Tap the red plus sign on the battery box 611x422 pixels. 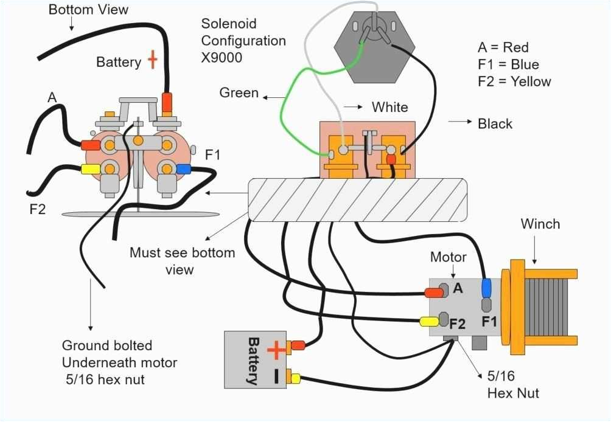pyautogui.click(x=275, y=349)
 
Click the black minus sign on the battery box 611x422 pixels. pyautogui.click(x=275, y=376)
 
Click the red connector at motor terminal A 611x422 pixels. pyautogui.click(x=434, y=292)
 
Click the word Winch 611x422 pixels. pyautogui.click(x=540, y=224)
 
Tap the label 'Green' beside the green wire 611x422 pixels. pyautogui.click(x=239, y=93)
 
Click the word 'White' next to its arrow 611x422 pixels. pyautogui.click(x=390, y=107)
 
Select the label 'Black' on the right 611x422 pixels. pyautogui.click(x=495, y=123)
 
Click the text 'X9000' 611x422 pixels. pyautogui.click(x=222, y=58)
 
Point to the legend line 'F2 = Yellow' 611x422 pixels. pyautogui.click(x=514, y=81)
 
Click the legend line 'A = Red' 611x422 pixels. pyautogui.click(x=503, y=47)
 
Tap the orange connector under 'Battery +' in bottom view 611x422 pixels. pyautogui.click(x=167, y=102)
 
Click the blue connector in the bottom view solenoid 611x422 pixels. pyautogui.click(x=183, y=168)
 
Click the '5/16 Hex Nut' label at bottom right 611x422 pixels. pyautogui.click(x=512, y=385)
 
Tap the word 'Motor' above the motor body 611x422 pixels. pyautogui.click(x=448, y=257)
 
